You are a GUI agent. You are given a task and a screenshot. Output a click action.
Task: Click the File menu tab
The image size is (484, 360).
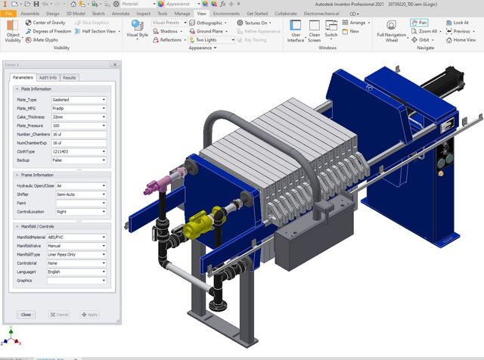pos(8,14)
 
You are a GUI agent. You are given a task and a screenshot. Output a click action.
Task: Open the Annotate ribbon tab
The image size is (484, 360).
pos(119,14)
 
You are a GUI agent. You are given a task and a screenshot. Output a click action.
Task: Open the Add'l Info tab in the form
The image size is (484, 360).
pos(48,77)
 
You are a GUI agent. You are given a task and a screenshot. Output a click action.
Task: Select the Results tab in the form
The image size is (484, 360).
pos(70,77)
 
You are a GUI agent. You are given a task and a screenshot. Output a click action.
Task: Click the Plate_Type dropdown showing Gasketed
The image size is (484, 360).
pos(79,99)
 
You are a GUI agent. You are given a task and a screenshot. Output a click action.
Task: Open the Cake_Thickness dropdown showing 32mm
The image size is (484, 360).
pos(79,116)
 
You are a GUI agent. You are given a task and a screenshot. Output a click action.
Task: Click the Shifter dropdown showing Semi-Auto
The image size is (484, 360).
pos(79,194)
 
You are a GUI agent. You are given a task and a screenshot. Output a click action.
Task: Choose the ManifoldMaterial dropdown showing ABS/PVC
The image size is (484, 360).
pos(79,237)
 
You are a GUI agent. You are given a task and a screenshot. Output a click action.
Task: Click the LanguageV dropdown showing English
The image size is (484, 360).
pos(79,272)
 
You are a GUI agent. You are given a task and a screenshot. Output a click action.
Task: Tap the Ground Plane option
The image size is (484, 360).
pos(209,32)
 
